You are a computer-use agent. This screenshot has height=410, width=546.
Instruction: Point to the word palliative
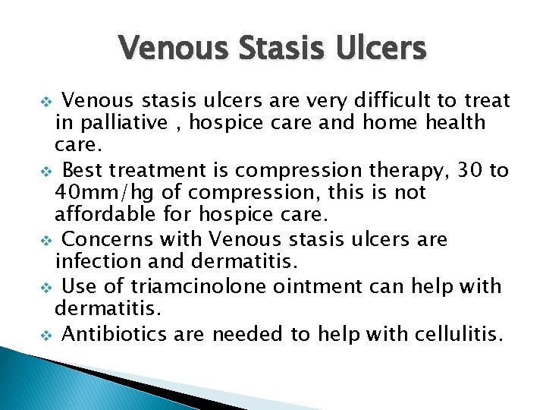114,122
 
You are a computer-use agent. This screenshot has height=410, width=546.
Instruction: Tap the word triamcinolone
180,286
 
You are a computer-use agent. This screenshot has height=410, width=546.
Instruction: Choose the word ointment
306,286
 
